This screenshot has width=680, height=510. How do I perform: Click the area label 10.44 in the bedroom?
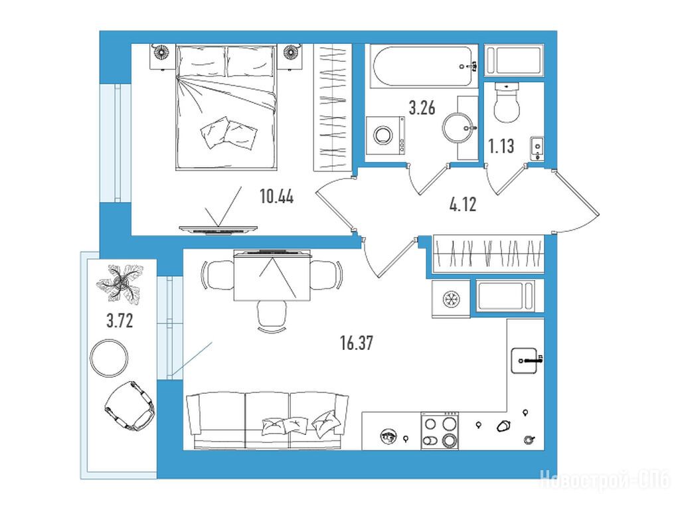(277, 197)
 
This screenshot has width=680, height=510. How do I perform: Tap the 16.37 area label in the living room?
(357, 343)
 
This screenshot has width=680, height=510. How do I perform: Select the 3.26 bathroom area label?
(422, 107)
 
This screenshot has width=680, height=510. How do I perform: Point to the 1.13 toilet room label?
(501, 146)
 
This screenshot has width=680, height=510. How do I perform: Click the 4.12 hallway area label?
(463, 204)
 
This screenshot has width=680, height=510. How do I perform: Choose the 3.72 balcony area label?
(120, 321)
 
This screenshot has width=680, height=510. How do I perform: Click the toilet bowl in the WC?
(507, 103)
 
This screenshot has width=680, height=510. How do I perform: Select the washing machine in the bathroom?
(385, 135)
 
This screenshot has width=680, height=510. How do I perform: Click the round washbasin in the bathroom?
(458, 128)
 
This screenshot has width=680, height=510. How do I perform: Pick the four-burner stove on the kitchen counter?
(440, 431)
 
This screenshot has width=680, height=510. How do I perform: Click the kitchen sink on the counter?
(525, 361)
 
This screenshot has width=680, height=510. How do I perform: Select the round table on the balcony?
(109, 358)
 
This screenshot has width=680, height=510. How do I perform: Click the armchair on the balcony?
(130, 406)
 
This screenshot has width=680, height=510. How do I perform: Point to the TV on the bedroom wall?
(218, 229)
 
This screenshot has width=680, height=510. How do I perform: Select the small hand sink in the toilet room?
(537, 148)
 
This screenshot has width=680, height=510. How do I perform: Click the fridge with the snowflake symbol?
(451, 299)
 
